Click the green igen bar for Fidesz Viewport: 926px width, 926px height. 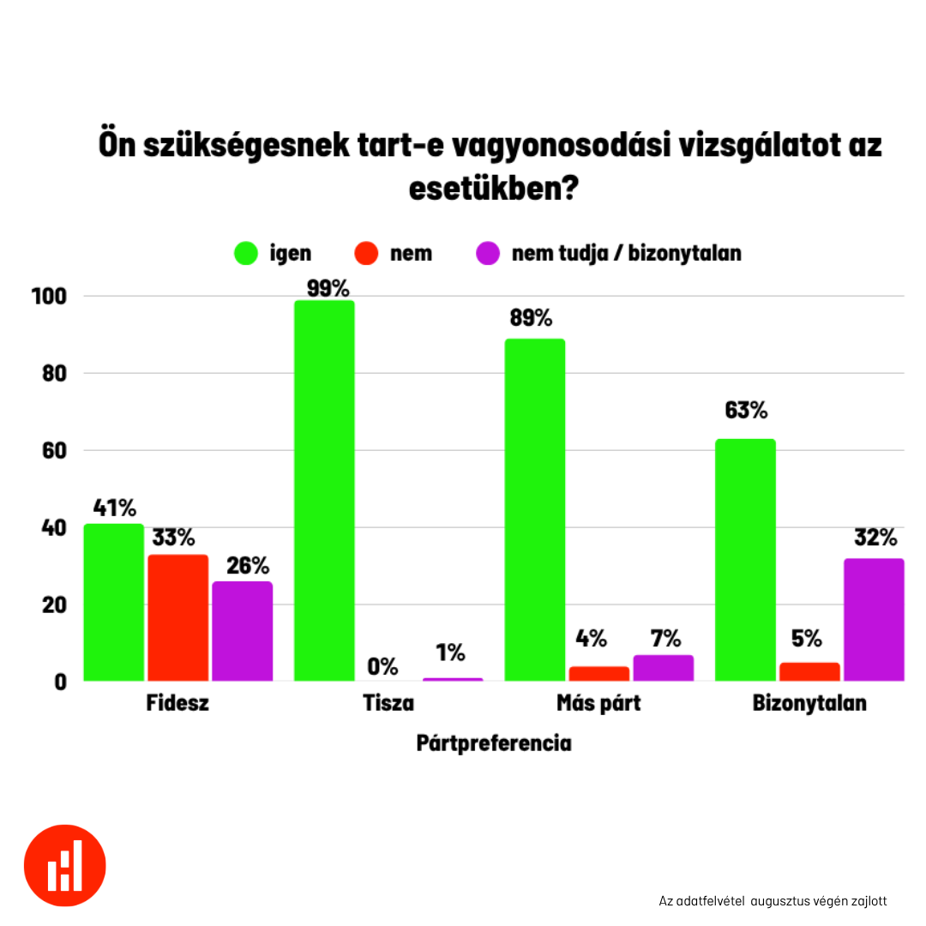(x=113, y=602)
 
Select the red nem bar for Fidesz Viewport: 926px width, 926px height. (x=177, y=617)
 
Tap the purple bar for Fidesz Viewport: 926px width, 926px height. (x=242, y=631)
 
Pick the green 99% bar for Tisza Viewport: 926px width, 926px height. (x=324, y=490)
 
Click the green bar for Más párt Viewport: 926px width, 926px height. (x=534, y=509)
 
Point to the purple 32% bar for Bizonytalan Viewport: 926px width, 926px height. (x=874, y=619)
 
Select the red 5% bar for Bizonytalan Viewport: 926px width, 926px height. (x=809, y=671)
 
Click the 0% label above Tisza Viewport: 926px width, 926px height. (x=382, y=666)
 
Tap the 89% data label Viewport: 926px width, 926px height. (x=531, y=319)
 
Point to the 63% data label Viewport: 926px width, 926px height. (x=745, y=411)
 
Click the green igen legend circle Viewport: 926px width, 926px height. (x=245, y=254)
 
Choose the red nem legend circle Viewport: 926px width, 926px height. (x=366, y=254)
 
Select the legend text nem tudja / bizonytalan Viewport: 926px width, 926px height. (x=626, y=254)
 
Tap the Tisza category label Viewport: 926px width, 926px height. (x=388, y=704)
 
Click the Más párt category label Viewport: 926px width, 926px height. (x=598, y=704)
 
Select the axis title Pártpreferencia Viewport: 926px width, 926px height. (x=494, y=743)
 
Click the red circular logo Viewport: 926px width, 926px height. (x=65, y=865)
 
